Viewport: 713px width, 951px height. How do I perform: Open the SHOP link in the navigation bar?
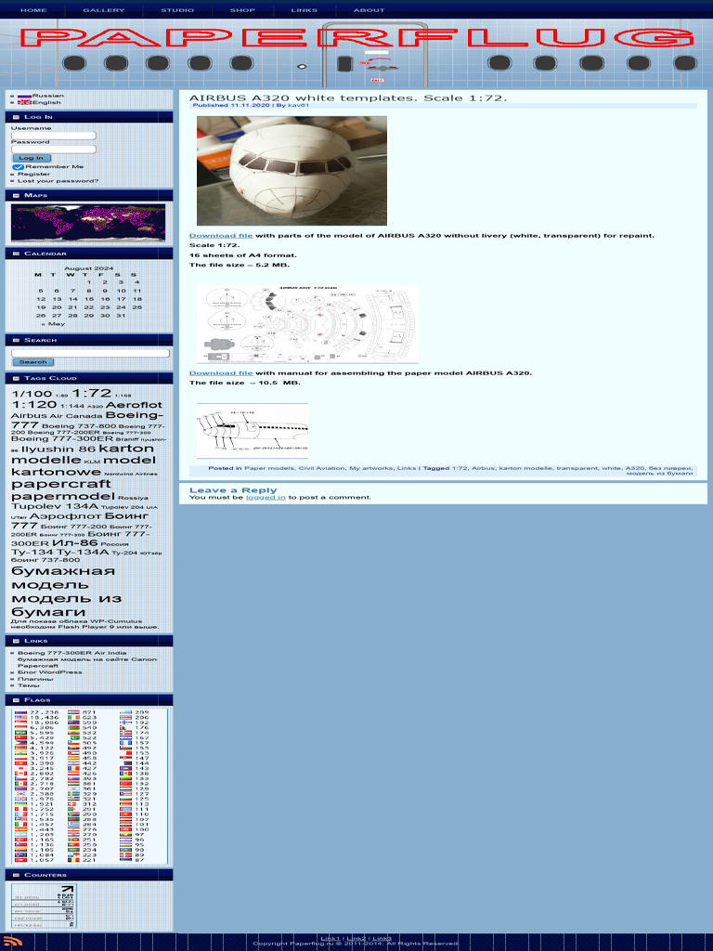tap(242, 10)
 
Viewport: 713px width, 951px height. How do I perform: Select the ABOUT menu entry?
tap(369, 10)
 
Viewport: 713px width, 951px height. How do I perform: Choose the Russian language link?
tap(47, 95)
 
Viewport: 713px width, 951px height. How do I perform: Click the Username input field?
tap(54, 136)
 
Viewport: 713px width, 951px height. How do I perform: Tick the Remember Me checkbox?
tap(17, 167)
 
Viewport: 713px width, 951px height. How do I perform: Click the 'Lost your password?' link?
tap(58, 181)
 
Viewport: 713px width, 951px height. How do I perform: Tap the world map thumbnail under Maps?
tap(88, 223)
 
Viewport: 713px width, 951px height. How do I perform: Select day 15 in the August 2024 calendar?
tap(88, 299)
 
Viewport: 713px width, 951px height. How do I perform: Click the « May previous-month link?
tap(53, 324)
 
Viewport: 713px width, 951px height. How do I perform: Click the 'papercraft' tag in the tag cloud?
tap(60, 484)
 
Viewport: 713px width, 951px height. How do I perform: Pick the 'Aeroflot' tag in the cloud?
tap(134, 405)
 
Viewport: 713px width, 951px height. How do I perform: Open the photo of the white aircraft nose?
tap(292, 171)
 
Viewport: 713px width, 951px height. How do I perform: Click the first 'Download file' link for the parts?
tap(221, 236)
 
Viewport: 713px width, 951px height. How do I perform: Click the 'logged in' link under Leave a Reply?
tap(266, 498)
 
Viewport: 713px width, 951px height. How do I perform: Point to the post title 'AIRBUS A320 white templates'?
tap(348, 98)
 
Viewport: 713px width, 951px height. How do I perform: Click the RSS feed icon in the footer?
tap(11, 942)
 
